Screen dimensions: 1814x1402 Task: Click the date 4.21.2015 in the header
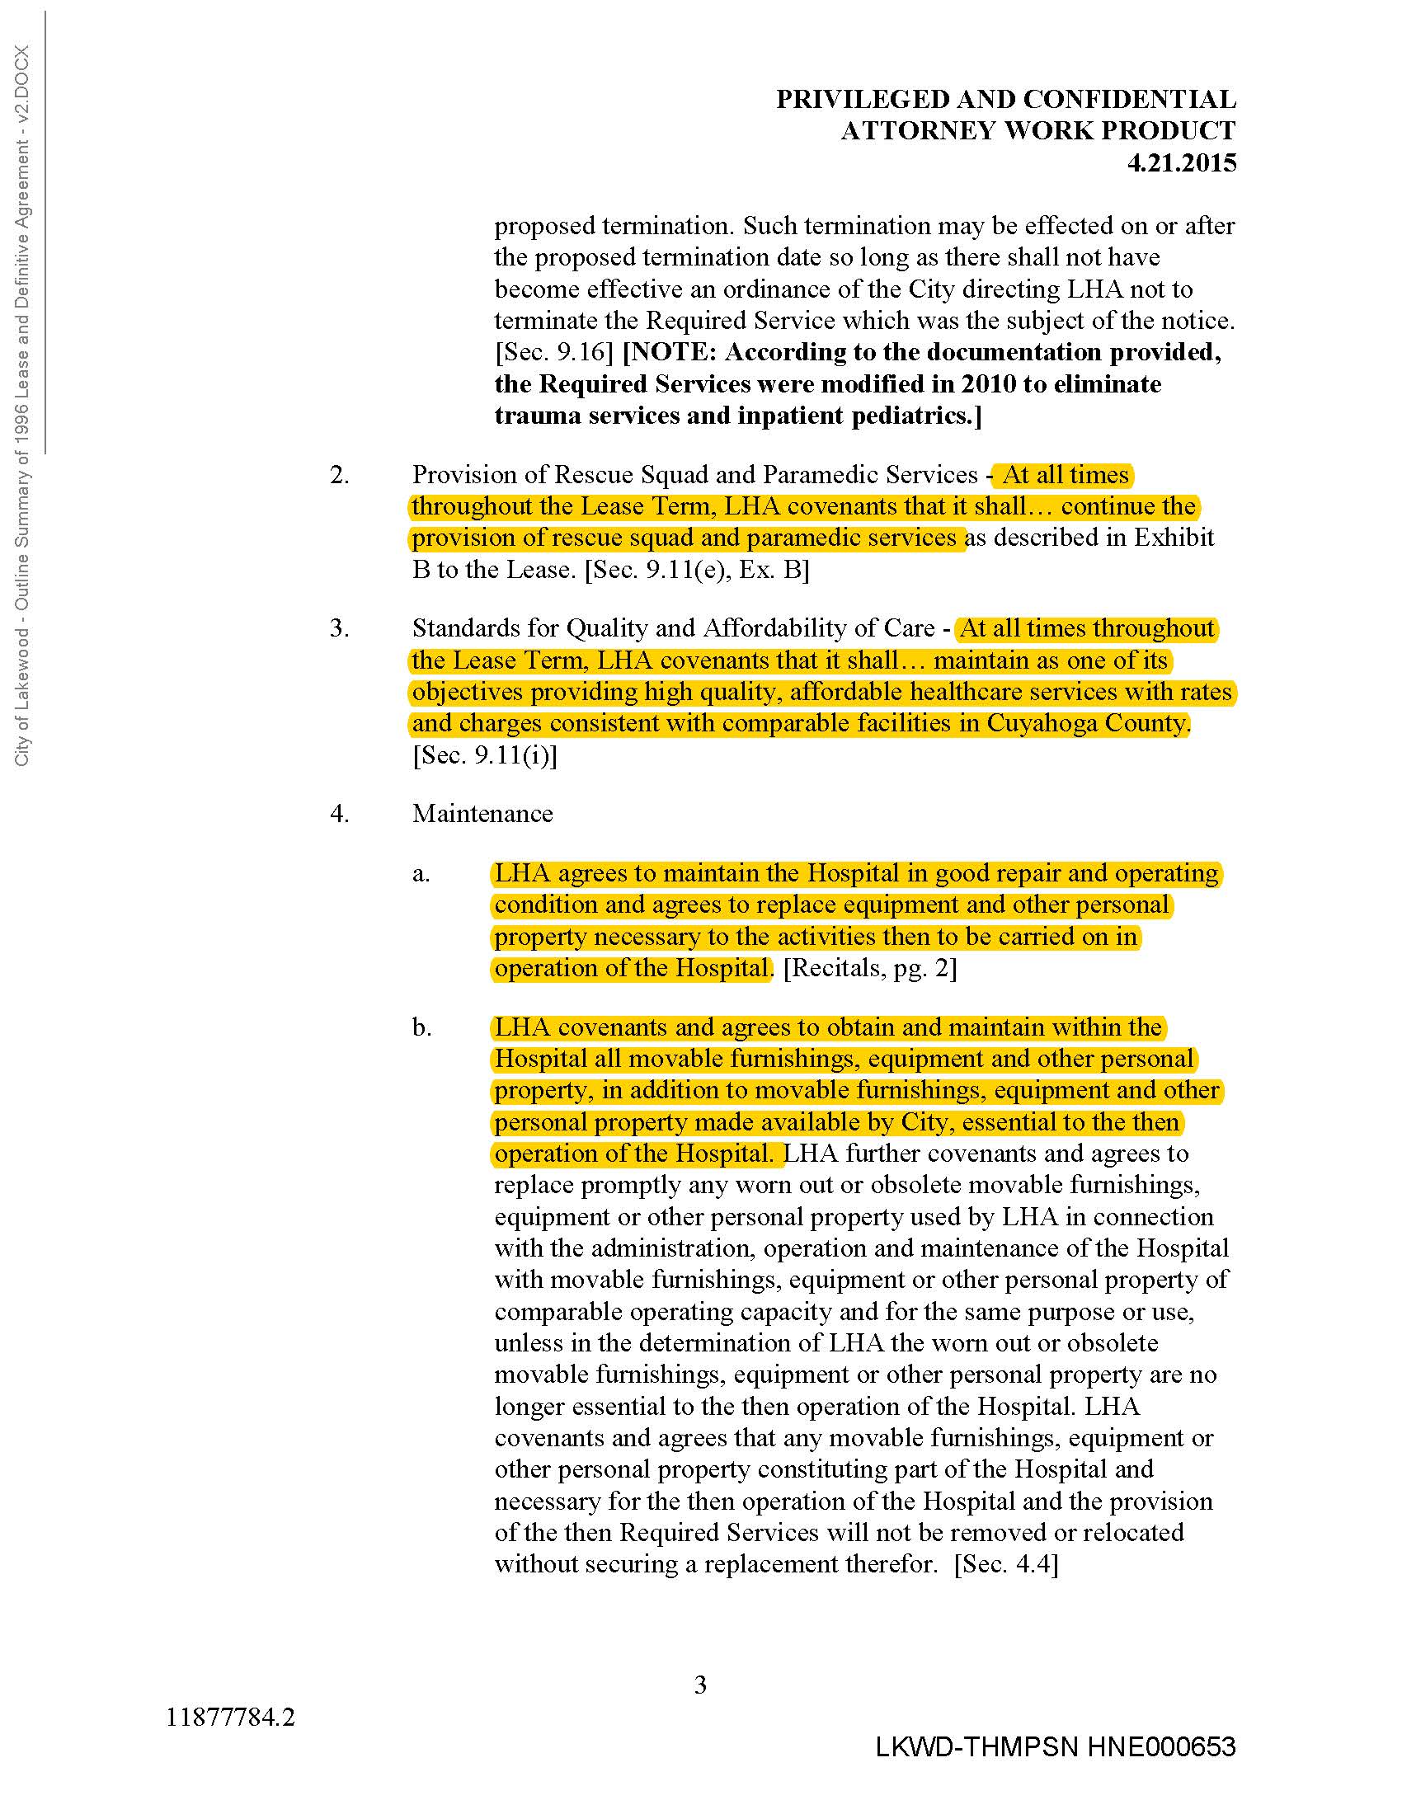tap(1181, 162)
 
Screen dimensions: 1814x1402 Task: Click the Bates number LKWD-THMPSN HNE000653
tap(1055, 1747)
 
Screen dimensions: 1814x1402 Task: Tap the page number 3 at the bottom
tap(700, 1685)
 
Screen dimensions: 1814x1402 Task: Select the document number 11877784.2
tap(230, 1717)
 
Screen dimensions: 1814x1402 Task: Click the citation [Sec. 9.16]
tap(554, 352)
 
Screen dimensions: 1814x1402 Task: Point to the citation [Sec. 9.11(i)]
tap(484, 755)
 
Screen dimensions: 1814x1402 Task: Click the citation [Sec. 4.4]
tap(1006, 1564)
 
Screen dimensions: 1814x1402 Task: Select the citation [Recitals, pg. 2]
tap(869, 969)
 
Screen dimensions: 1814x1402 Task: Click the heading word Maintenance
tap(482, 813)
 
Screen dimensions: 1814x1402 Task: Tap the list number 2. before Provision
tap(339, 475)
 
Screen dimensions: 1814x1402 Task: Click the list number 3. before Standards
tap(339, 628)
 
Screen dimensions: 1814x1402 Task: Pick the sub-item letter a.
tap(421, 874)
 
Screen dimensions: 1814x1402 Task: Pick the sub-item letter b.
tap(421, 1027)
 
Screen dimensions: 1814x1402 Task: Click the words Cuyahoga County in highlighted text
tap(1086, 723)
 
